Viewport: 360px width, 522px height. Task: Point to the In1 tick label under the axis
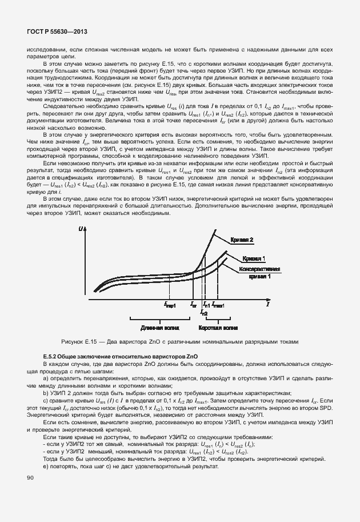(x=206, y=305)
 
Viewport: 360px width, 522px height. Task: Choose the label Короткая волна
(x=218, y=329)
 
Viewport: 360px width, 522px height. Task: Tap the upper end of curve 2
(x=214, y=230)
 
